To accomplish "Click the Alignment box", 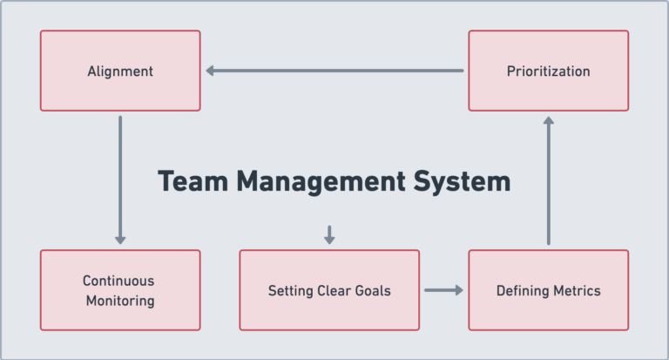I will [x=120, y=71].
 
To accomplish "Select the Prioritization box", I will [x=548, y=71].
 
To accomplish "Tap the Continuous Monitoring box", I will [x=120, y=290].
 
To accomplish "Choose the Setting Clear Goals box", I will [x=329, y=290].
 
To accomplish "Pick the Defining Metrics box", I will [x=548, y=290].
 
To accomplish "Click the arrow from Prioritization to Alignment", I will [x=335, y=71].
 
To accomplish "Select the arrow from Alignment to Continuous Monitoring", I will [x=120, y=179].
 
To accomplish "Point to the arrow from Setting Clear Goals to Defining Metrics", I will [x=443, y=290].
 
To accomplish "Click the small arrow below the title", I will [x=329, y=234].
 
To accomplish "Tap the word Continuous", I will [x=118, y=281].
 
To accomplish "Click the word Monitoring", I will [x=119, y=301].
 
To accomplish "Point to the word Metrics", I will [x=576, y=290].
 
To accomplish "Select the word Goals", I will [x=372, y=290].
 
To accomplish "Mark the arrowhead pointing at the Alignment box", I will [x=211, y=71].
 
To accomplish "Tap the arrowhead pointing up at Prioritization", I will [x=548, y=122].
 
